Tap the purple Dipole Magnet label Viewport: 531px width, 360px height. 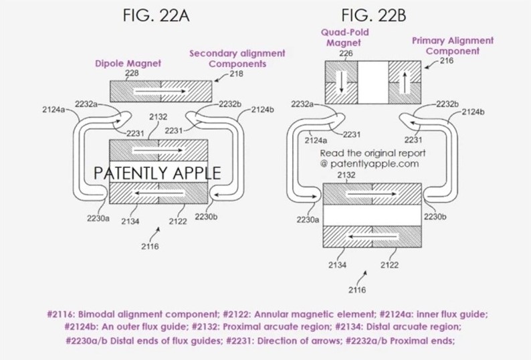128,63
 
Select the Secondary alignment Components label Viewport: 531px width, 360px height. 237,58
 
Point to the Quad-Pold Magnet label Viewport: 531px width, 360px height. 344,37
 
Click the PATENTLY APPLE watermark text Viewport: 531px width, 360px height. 157,173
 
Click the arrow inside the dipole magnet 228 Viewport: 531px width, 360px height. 161,88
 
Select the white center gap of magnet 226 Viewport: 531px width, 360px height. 373,81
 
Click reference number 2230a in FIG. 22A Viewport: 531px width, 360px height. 98,218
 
